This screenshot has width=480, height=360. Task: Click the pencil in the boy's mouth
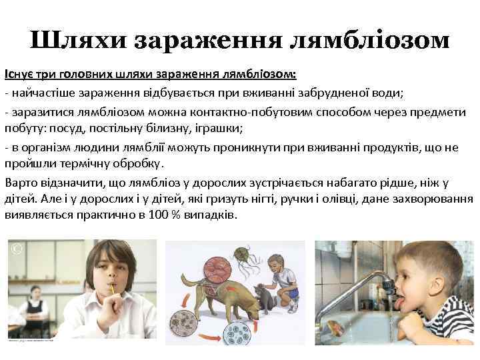[115, 289]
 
